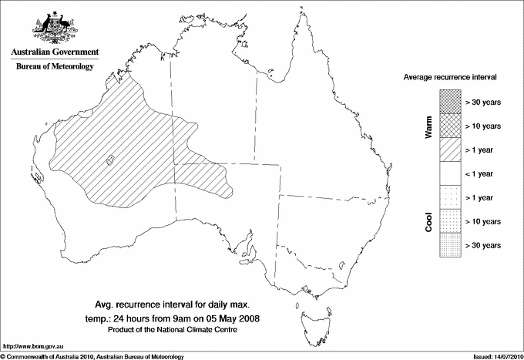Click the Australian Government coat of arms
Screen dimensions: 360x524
point(54,25)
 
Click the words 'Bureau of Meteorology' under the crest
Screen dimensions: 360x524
point(54,67)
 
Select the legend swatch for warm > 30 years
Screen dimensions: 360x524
point(449,101)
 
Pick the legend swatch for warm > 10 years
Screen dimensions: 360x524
point(449,125)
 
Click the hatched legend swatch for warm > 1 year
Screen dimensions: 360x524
point(449,149)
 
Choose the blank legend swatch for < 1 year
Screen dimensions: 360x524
point(449,173)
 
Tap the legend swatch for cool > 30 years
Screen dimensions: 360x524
point(449,245)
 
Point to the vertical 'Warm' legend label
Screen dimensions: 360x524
point(428,126)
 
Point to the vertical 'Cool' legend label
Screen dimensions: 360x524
point(428,221)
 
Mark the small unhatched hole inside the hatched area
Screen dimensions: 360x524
point(109,160)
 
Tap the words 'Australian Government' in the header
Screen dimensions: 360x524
point(54,52)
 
